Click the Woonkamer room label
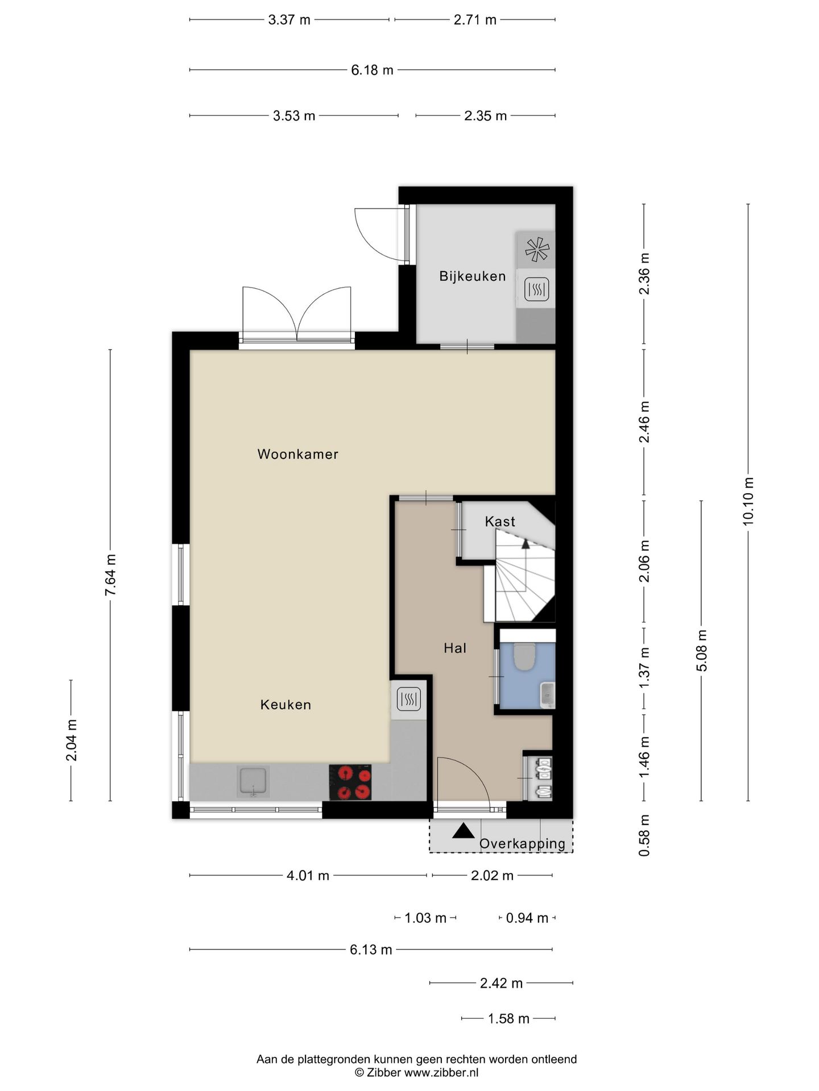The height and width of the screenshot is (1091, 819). click(x=297, y=454)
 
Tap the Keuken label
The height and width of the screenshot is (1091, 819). click(x=286, y=705)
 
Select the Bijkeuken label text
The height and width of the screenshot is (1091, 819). click(x=472, y=276)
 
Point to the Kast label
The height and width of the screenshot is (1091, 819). click(x=500, y=521)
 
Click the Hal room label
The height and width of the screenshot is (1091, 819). click(x=455, y=648)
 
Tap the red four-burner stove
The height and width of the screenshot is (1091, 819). click(x=350, y=782)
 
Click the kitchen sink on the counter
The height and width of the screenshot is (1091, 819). click(x=253, y=782)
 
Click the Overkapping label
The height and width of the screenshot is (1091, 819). click(x=522, y=844)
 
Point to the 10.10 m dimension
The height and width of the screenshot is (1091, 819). click(x=748, y=501)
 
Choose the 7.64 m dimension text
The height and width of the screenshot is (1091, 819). click(x=110, y=575)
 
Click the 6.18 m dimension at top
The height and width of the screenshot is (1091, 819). click(x=372, y=70)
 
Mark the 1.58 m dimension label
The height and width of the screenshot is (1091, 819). click(x=508, y=1018)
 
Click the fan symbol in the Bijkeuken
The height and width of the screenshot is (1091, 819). click(x=537, y=249)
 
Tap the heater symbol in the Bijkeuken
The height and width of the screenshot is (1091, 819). click(x=536, y=289)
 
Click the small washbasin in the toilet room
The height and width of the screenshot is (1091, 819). click(x=547, y=694)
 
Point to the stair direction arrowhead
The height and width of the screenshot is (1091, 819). click(x=526, y=544)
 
